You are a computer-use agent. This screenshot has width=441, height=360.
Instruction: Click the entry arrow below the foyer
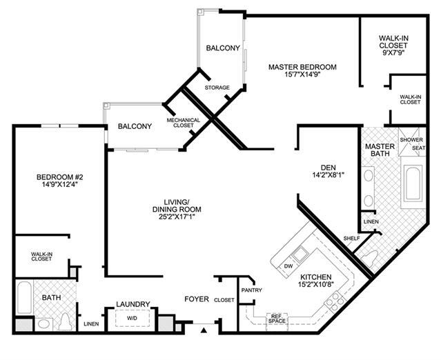click(x=204, y=330)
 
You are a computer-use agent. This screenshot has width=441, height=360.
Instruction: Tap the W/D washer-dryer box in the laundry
click(x=133, y=318)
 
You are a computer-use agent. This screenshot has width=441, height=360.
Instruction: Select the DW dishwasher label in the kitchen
click(x=288, y=266)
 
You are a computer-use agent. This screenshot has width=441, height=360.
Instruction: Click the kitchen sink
click(x=300, y=254)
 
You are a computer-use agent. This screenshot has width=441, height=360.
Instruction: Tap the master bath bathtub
click(x=413, y=183)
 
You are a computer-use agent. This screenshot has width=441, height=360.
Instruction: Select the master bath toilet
click(x=369, y=258)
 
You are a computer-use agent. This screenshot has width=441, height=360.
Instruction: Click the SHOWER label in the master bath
click(x=411, y=140)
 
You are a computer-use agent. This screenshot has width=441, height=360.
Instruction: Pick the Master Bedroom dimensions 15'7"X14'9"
click(x=302, y=74)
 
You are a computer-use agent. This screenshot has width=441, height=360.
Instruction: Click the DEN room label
click(x=329, y=168)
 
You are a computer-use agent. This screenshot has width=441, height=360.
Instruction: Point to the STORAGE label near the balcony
click(x=217, y=88)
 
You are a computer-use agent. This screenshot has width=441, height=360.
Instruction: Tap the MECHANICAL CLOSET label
click(x=184, y=123)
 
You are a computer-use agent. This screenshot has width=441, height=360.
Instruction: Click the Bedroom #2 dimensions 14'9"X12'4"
click(x=59, y=184)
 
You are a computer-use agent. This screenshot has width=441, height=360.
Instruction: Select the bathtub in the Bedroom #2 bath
click(x=24, y=298)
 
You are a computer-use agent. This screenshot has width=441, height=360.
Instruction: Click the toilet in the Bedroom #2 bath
click(x=65, y=321)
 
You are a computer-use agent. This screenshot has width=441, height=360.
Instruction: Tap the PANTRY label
click(x=252, y=290)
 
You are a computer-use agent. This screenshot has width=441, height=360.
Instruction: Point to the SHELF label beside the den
click(x=351, y=239)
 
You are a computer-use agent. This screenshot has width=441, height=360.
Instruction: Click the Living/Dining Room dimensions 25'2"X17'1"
click(x=177, y=217)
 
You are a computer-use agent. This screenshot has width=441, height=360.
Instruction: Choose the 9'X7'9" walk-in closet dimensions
click(x=393, y=52)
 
